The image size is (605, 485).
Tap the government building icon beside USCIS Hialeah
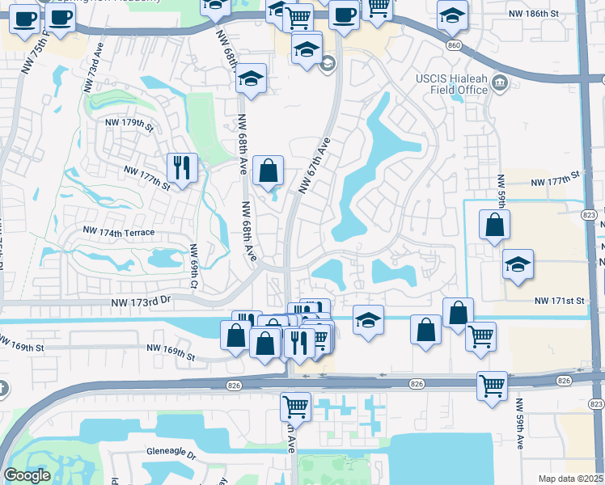[x=499, y=82]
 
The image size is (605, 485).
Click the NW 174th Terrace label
[x=118, y=232]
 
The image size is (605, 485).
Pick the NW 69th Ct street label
[x=194, y=266]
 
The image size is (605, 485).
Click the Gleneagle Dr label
[x=171, y=455]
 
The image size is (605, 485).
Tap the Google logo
[x=27, y=475]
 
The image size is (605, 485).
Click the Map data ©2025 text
[x=570, y=479]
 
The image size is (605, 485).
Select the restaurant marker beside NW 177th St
[x=181, y=167]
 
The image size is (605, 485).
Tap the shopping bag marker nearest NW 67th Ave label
[x=269, y=171]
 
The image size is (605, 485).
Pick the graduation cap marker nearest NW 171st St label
[x=518, y=264]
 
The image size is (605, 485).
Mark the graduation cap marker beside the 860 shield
[x=452, y=14]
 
